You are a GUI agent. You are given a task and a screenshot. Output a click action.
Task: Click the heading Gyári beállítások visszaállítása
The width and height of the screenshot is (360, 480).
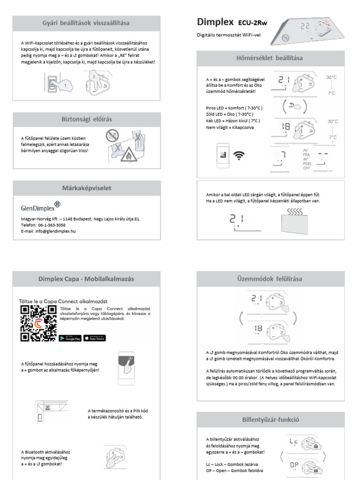tap(86, 23)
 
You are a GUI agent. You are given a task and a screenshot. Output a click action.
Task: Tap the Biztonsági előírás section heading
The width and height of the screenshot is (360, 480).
tap(86, 119)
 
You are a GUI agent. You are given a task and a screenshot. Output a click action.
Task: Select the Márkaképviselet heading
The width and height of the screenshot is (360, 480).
tap(86, 188)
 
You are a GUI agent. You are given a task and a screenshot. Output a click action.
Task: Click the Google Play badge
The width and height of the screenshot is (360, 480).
tap(70, 338)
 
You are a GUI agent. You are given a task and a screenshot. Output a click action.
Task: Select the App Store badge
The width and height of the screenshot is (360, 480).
tap(95, 338)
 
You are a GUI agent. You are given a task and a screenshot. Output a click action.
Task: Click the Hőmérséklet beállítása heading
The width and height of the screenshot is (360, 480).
tap(270, 58)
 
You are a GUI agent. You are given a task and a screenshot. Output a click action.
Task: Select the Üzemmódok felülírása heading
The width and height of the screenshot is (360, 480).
tap(270, 278)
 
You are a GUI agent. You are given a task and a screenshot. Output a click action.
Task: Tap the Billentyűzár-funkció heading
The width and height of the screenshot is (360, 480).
tap(270, 419)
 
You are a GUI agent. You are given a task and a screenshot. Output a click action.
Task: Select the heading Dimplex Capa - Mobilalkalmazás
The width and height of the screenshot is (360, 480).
tap(86, 278)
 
